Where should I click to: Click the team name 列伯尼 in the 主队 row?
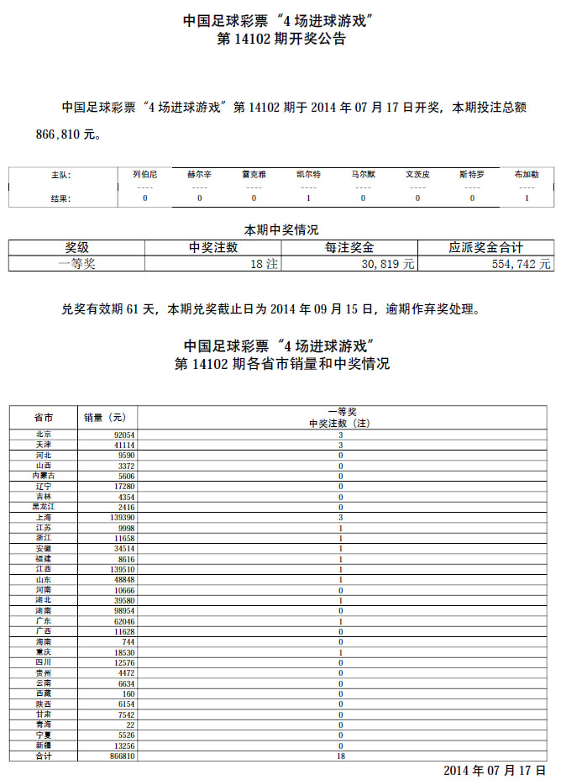pyautogui.click(x=144, y=175)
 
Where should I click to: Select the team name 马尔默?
pyautogui.click(x=363, y=175)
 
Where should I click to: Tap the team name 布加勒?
pyautogui.click(x=527, y=175)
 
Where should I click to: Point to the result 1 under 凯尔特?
pyautogui.click(x=308, y=198)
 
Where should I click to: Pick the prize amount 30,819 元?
pyautogui.click(x=387, y=263)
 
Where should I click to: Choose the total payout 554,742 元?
pyautogui.click(x=521, y=263)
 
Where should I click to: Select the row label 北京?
pyautogui.click(x=44, y=435)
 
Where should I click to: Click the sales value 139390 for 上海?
pyautogui.click(x=121, y=519)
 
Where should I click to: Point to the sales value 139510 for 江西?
pyautogui.click(x=121, y=570)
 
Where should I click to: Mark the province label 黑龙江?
pyautogui.click(x=44, y=508)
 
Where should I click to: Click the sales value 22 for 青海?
pyautogui.click(x=130, y=725)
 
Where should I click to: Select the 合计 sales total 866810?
pyautogui.click(x=121, y=756)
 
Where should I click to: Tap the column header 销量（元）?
pyautogui.click(x=106, y=418)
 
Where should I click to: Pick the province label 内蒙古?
pyautogui.click(x=44, y=476)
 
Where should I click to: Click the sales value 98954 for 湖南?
pyautogui.click(x=123, y=611)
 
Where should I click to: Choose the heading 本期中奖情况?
pyautogui.click(x=280, y=229)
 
